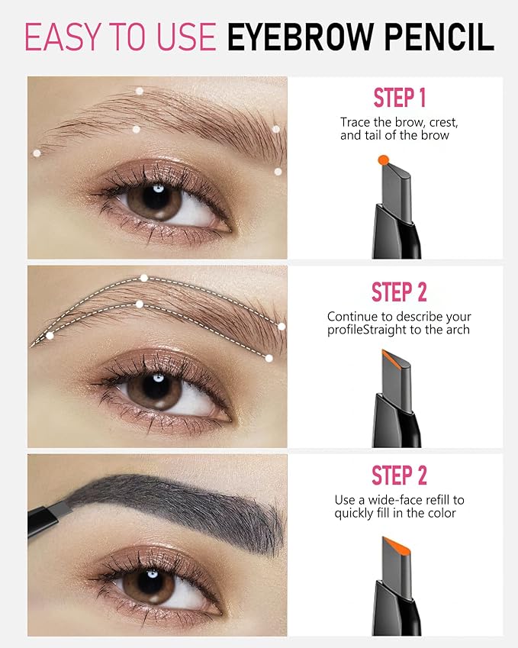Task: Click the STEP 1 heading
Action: pos(399,98)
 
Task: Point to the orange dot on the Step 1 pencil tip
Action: pos(383,160)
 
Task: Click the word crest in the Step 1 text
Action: pos(442,122)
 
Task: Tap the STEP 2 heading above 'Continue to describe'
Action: pos(399,292)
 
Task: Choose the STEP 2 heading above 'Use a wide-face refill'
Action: pos(399,475)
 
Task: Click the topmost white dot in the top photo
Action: pos(140,91)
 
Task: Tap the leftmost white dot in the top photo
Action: pos(37,153)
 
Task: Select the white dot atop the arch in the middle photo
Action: pos(144,278)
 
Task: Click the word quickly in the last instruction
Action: pos(359,514)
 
